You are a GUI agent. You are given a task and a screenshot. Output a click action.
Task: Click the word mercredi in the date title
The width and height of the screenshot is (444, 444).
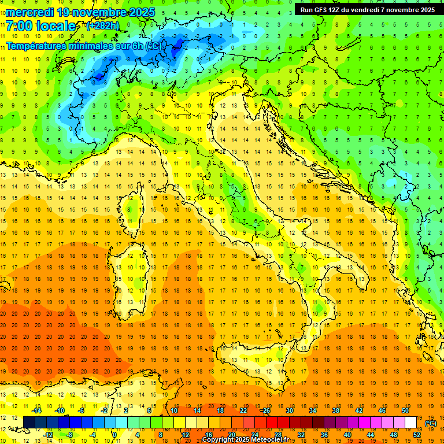pyautogui.click(x=30, y=12)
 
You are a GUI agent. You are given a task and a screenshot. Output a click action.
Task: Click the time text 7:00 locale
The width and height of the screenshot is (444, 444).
pyautogui.click(x=40, y=26)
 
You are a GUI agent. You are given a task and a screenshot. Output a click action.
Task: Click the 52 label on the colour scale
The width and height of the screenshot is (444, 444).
pyautogui.click(x=417, y=434)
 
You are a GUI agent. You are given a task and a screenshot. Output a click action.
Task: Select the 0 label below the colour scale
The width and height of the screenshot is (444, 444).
pyautogui.click(x=114, y=434)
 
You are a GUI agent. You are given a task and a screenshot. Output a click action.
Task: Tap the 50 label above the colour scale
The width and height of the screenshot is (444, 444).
pyautogui.click(x=405, y=410)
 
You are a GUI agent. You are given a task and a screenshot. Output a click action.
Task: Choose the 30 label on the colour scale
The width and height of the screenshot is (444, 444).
pyautogui.click(x=290, y=410)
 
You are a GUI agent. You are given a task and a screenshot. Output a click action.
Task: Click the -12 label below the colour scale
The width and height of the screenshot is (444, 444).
pyautogui.click(x=49, y=434)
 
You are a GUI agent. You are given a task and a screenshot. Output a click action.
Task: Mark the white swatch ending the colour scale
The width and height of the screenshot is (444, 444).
pyautogui.click(x=411, y=422)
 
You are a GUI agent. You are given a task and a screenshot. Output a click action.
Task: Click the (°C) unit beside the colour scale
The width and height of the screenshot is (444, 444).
pyautogui.click(x=431, y=423)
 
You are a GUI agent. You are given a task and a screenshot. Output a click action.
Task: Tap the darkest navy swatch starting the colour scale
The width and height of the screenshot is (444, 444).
pyautogui.click(x=29, y=422)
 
